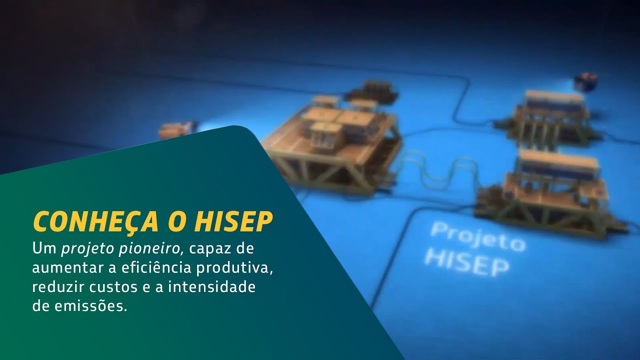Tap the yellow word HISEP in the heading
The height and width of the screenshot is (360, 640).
[233, 221]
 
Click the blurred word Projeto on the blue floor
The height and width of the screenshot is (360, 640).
[477, 237]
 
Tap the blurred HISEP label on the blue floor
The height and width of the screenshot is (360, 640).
[466, 260]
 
